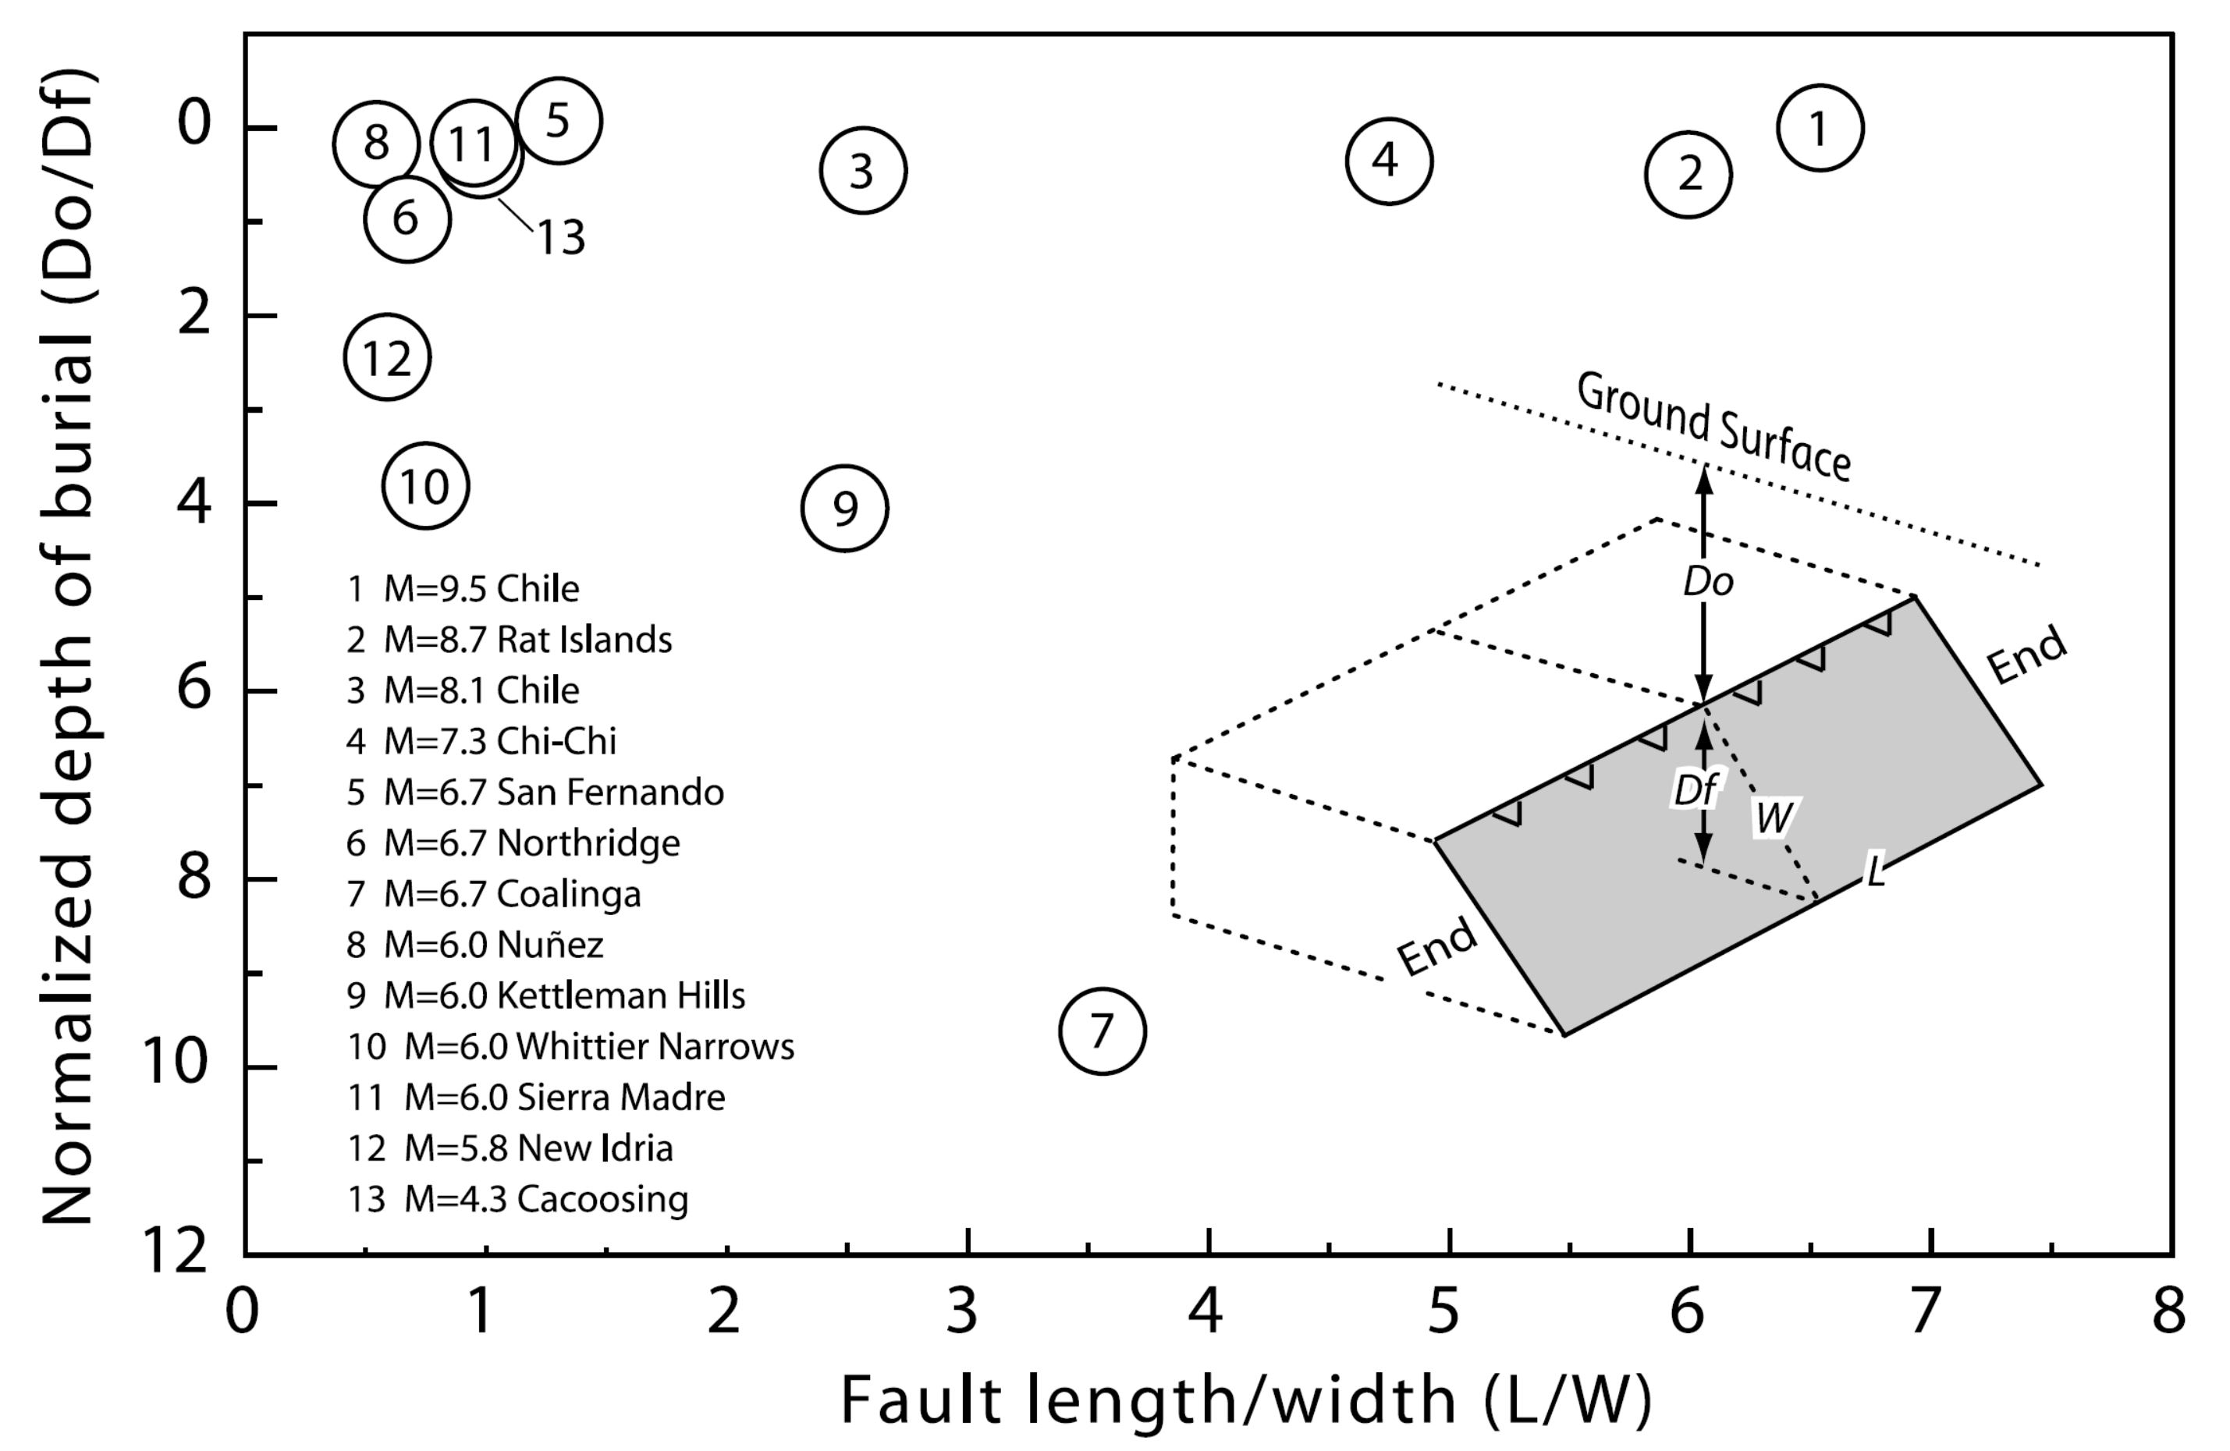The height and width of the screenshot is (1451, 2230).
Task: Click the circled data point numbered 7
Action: point(1102,1031)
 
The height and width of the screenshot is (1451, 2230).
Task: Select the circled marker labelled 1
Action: point(1820,129)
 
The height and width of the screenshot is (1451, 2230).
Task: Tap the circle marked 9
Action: point(844,509)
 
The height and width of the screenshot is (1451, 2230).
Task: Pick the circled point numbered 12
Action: point(387,357)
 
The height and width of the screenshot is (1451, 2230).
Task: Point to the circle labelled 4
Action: point(1389,161)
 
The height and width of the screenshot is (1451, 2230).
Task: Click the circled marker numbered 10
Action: point(425,486)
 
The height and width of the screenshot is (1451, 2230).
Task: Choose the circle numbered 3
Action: point(863,171)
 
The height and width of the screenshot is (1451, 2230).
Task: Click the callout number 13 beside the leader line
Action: point(560,237)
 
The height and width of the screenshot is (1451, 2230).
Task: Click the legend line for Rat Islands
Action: point(510,640)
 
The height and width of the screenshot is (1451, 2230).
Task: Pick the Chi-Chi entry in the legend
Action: point(481,741)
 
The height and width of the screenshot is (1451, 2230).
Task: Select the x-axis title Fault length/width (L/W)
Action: point(1245,1400)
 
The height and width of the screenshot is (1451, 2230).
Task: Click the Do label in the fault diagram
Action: point(1708,583)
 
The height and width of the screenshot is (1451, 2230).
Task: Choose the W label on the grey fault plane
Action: point(1774,818)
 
